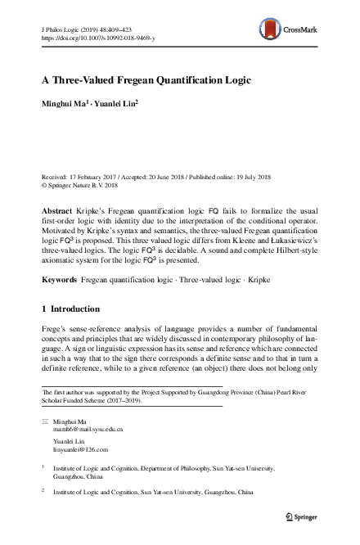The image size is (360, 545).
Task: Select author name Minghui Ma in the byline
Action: click(x=63, y=104)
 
